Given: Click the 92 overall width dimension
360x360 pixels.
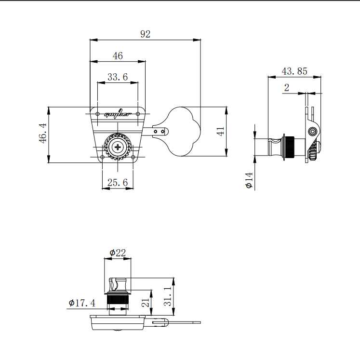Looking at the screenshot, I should (x=145, y=34).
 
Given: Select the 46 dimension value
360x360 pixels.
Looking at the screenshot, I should (x=118, y=56).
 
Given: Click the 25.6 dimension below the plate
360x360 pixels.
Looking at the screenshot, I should (x=118, y=183).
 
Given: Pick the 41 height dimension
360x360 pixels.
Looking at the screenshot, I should (x=221, y=131).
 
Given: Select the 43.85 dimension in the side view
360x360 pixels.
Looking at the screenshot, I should (x=294, y=71).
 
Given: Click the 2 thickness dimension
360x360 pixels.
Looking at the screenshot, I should (x=287, y=87).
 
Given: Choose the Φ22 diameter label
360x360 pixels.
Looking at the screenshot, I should (x=117, y=253).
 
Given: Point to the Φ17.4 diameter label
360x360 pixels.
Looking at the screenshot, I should (x=82, y=303).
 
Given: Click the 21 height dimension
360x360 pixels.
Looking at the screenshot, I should (x=146, y=302).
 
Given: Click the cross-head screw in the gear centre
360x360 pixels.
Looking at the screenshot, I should (x=118, y=147).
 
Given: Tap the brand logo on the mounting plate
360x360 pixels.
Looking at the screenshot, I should (x=118, y=115).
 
